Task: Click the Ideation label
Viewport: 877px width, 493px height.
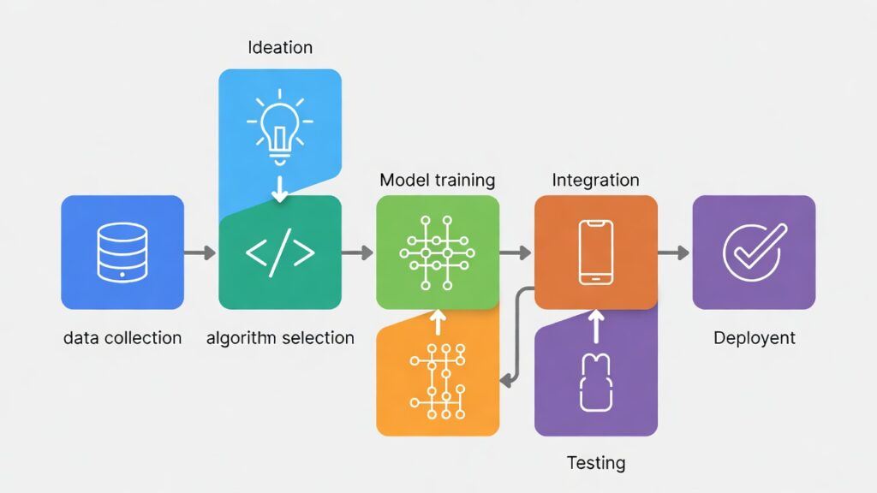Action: (x=280, y=47)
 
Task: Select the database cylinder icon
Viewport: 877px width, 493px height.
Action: (x=122, y=252)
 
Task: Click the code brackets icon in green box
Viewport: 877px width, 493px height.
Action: (x=280, y=253)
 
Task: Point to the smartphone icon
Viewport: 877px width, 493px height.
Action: (x=596, y=252)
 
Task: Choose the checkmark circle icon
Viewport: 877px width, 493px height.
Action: (x=752, y=252)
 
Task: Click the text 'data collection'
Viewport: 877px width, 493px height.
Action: (x=122, y=338)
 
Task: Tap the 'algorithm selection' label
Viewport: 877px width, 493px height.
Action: (x=280, y=338)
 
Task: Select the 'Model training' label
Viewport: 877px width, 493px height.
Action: (x=437, y=181)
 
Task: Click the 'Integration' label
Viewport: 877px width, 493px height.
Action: (x=595, y=181)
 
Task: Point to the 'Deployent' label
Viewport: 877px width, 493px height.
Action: (x=754, y=338)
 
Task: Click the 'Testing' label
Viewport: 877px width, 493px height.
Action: (x=596, y=463)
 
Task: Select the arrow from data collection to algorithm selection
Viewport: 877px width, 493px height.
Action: (x=200, y=252)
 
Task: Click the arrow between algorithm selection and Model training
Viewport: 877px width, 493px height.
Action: (x=357, y=252)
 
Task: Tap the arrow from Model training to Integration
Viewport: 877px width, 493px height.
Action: (x=516, y=252)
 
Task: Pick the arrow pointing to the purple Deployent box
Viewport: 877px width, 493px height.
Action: (x=674, y=252)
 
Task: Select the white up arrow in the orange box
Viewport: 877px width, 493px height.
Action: (x=437, y=323)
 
